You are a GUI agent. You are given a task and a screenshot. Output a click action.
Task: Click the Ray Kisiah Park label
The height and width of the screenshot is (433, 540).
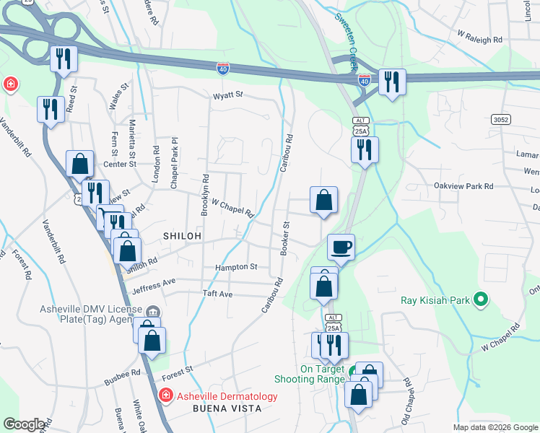tap(435, 299)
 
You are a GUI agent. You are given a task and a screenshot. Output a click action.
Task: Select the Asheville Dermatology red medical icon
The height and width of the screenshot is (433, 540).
tap(165, 395)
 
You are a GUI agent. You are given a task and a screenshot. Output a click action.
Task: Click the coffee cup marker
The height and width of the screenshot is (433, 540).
tap(341, 247)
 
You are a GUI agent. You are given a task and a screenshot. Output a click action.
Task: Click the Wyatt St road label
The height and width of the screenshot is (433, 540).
tap(228, 95)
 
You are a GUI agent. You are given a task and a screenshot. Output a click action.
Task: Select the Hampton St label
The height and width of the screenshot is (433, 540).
tap(236, 267)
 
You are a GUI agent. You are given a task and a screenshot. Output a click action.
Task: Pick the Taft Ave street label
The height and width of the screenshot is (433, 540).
tap(217, 294)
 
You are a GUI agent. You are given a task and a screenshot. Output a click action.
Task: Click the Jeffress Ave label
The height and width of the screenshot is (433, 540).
tap(153, 287)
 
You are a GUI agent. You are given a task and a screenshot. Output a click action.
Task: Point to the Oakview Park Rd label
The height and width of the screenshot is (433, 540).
tap(463, 186)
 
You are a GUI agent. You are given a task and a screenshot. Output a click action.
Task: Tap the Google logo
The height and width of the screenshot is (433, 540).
tap(24, 424)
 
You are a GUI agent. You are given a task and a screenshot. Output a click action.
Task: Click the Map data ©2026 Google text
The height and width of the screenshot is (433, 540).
tap(495, 427)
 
